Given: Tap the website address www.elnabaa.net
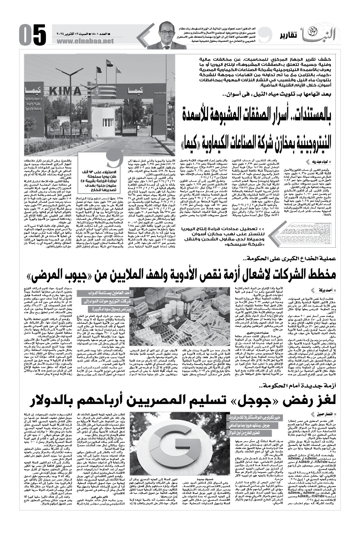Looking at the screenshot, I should point(88,41).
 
